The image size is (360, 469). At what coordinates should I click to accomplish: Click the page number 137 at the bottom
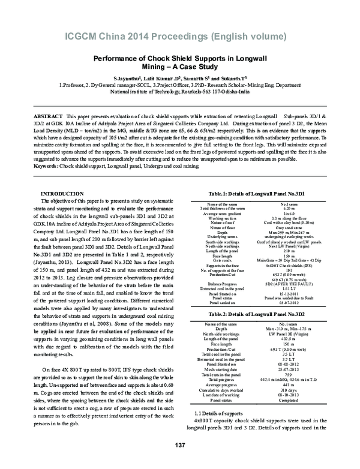point(179,461)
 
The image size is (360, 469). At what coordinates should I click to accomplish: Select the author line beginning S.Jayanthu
point(180,79)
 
